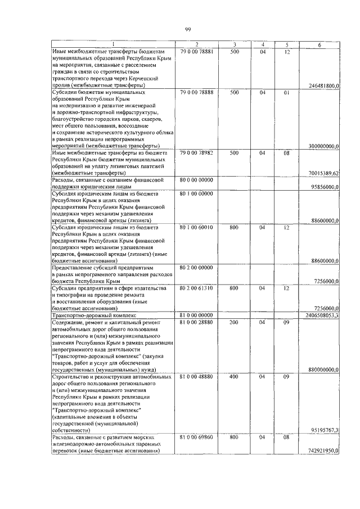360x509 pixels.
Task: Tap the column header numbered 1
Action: [x=112, y=44]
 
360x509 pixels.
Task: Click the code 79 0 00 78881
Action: [x=196, y=51]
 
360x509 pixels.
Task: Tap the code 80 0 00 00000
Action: [x=196, y=180]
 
